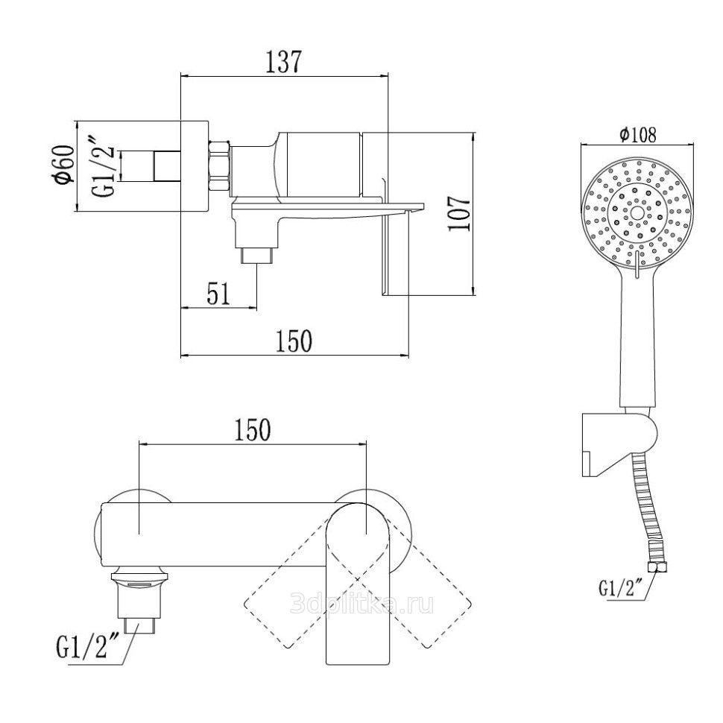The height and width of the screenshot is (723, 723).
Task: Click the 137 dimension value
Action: click(x=283, y=62)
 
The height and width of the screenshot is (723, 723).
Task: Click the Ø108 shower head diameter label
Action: click(x=637, y=135)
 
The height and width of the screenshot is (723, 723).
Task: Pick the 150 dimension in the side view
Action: click(x=293, y=341)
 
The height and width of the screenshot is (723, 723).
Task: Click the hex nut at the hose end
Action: click(x=657, y=569)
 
